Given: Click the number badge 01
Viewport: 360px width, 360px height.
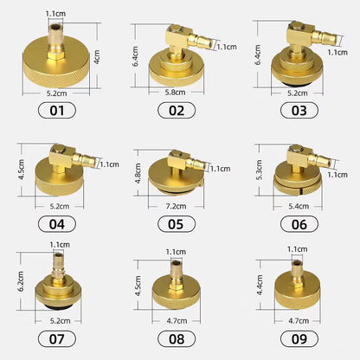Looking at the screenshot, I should click(x=58, y=111).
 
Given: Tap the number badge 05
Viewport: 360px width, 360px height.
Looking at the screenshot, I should click(x=177, y=225).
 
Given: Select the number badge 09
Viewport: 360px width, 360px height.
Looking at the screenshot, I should click(x=298, y=339).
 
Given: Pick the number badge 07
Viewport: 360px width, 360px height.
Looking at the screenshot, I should click(x=58, y=339).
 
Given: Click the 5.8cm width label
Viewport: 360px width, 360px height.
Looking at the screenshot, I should click(x=177, y=90).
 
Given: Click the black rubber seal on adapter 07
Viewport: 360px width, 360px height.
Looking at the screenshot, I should click(x=58, y=305).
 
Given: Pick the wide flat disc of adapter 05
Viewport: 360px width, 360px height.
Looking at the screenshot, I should click(x=177, y=181).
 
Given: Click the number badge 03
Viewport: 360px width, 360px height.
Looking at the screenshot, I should click(x=298, y=111).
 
